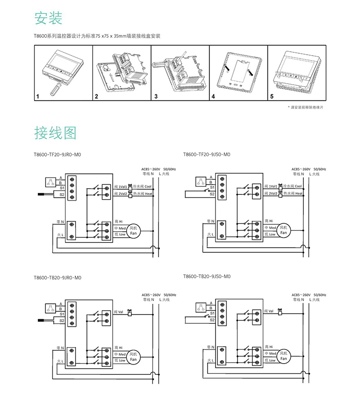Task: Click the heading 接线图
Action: tap(55, 133)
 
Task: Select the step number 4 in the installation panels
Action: tap(213, 96)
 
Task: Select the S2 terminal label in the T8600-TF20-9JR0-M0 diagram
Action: tap(61, 193)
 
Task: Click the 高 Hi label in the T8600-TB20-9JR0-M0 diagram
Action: tap(118, 348)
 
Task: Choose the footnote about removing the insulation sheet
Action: tap(306, 107)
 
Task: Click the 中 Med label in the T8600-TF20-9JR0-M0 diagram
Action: tap(120, 228)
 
